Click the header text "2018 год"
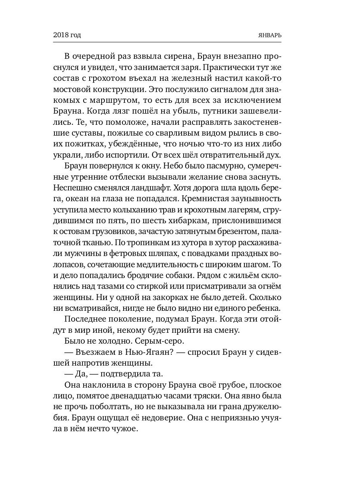click(67, 35)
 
